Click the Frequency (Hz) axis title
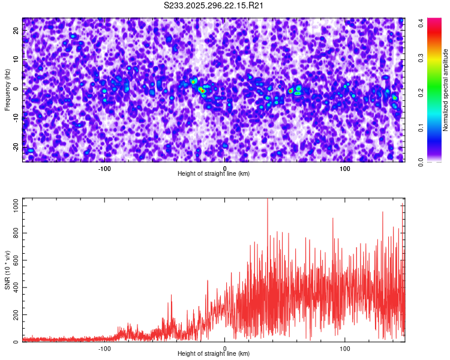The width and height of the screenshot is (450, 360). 7,89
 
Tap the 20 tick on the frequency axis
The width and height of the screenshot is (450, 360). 16,31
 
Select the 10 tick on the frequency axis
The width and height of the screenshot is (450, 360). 16,60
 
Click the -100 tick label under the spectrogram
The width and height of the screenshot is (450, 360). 104,169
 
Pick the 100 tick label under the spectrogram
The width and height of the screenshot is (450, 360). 345,169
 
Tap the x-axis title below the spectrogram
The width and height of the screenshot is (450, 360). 214,174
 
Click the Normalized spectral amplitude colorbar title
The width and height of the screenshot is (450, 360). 446,89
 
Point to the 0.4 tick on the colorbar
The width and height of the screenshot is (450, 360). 422,23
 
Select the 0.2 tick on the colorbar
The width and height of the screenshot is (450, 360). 422,92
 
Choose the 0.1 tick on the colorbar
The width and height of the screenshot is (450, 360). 422,127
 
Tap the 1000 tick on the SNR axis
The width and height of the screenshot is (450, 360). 13,205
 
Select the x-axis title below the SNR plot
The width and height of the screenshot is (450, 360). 214,354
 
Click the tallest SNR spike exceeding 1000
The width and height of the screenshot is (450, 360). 268,200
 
